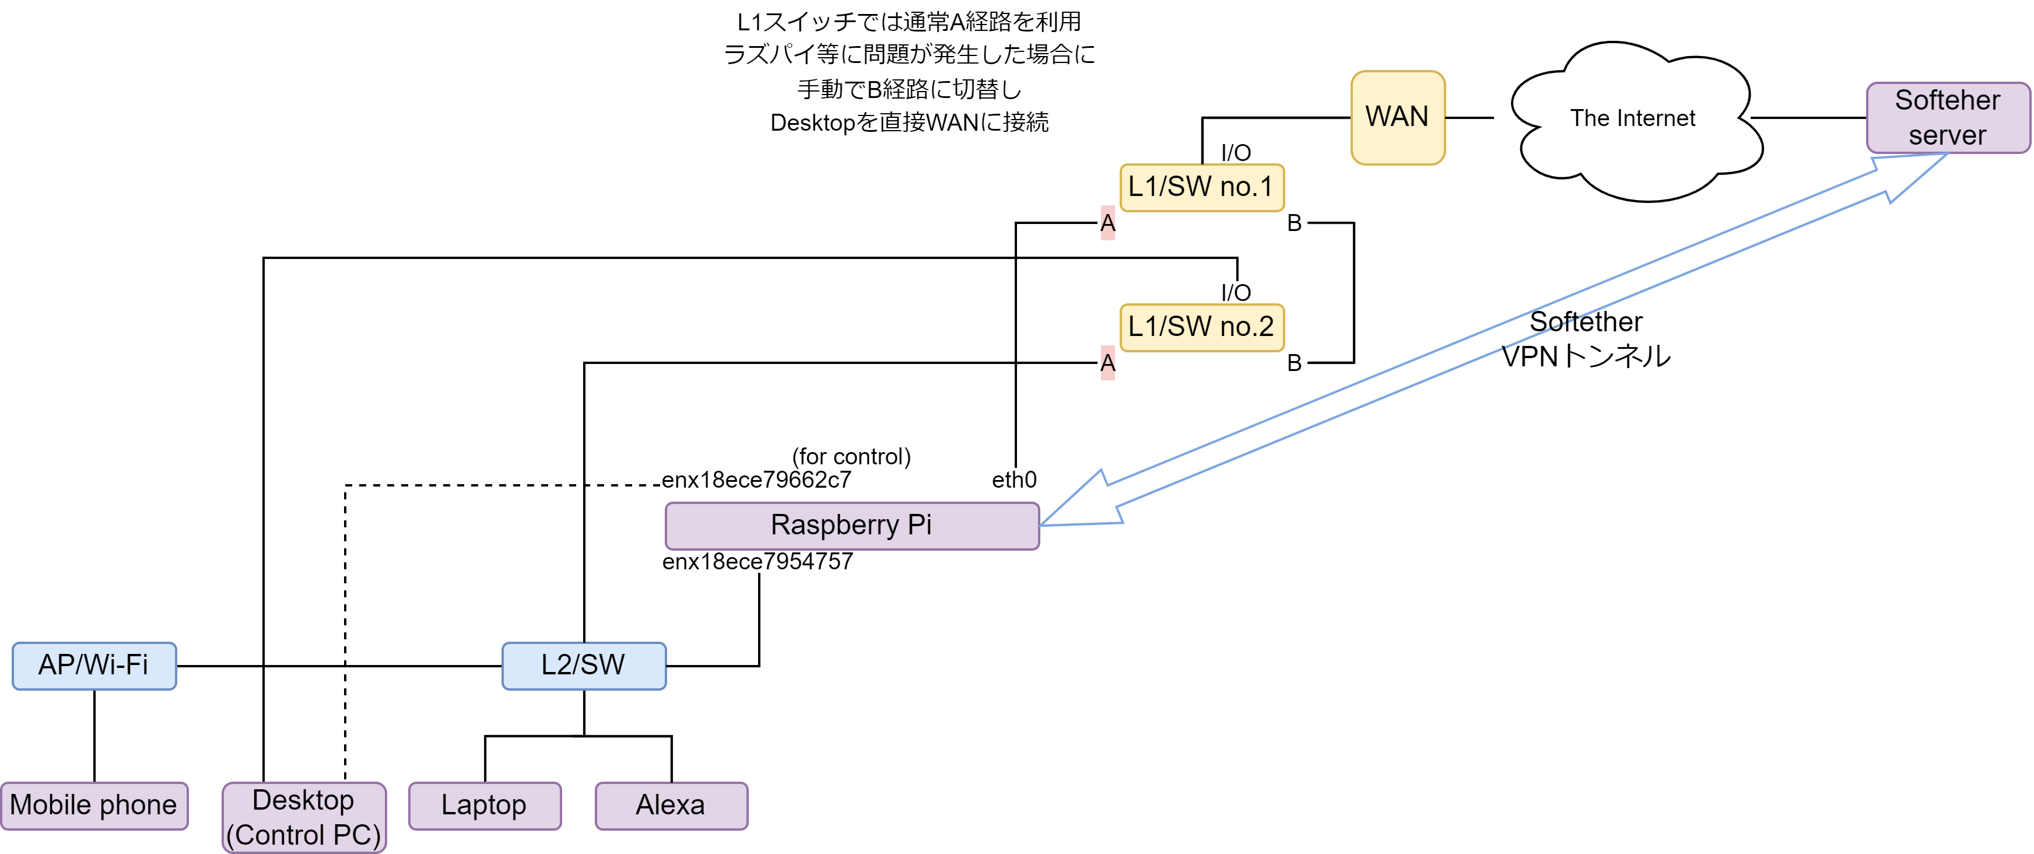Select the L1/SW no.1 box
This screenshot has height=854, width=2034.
pos(1201,187)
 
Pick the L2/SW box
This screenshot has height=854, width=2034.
pos(584,665)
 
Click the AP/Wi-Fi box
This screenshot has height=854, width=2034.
pos(94,665)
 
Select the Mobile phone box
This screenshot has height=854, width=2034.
pos(94,805)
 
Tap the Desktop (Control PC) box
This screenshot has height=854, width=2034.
pos(304,817)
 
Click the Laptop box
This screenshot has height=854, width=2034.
pos(484,805)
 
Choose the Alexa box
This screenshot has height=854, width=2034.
pos(671,805)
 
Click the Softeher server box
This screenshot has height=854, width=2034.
pos(1947,117)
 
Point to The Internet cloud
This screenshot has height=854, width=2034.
pos(1632,118)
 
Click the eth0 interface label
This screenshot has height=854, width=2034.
pos(1014,480)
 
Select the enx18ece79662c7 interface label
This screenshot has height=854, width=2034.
pos(756,480)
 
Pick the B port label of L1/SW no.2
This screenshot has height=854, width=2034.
pos(1293,363)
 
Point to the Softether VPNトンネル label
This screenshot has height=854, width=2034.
pos(1586,339)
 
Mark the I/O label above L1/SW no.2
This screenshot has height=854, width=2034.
pos(1236,292)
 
